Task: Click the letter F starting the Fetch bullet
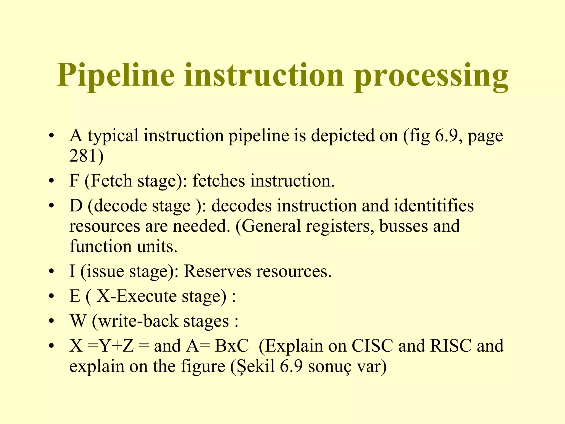pyautogui.click(x=74, y=181)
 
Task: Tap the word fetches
pyautogui.click(x=218, y=181)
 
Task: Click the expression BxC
pyautogui.click(x=232, y=346)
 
